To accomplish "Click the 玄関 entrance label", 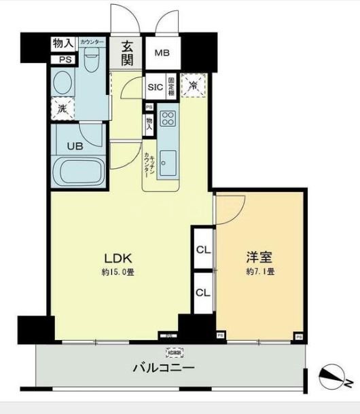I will (x=128, y=54).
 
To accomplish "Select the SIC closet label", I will (x=154, y=86).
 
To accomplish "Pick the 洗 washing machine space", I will (x=62, y=107).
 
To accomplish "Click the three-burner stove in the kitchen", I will (x=168, y=119).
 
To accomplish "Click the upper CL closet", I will (x=203, y=249).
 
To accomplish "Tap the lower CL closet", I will (x=203, y=293).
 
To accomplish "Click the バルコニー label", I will (x=163, y=369).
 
